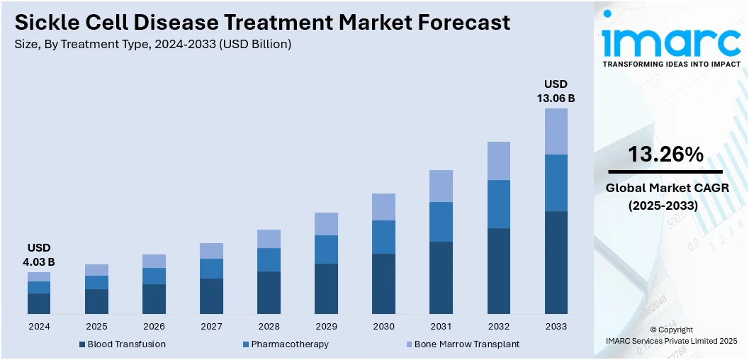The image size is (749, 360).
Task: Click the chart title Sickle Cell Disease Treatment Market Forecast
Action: point(262,23)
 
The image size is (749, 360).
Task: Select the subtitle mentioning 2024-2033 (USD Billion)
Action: point(152,44)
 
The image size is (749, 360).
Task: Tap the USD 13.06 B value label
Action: point(556,91)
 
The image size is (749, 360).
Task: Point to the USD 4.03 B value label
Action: point(39,255)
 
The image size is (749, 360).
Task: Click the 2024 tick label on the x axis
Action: point(39,327)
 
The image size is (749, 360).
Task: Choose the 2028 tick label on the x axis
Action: point(269,327)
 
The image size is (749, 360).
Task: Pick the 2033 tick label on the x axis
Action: point(556,327)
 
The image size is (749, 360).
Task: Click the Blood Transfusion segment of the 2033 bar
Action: point(556,262)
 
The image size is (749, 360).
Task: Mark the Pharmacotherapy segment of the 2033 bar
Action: point(556,183)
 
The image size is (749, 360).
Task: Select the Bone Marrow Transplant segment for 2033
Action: point(556,131)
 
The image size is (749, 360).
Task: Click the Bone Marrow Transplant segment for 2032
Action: point(498,161)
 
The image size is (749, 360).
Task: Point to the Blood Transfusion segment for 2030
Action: point(383,283)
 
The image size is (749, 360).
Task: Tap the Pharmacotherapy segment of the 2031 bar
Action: point(441,222)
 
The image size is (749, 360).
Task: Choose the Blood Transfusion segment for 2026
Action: point(154,299)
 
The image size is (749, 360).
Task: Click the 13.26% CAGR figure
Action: point(665,154)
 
